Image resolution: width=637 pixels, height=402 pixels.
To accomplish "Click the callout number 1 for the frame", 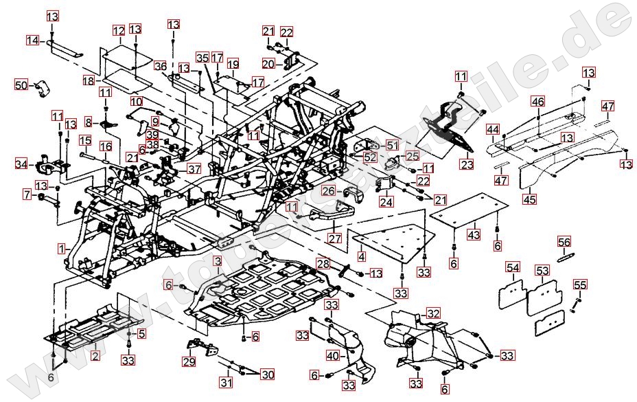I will (62, 247).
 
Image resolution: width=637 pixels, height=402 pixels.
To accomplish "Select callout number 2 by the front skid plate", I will (95, 355).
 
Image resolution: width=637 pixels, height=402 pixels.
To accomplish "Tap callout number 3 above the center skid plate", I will (217, 261).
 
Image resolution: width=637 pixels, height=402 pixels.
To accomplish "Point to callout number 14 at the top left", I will (33, 41).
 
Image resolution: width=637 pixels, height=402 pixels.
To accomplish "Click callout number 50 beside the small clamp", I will (21, 85).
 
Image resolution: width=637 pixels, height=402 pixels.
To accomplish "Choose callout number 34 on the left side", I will (22, 164).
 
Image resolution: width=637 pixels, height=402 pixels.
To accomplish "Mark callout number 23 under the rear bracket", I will (467, 165).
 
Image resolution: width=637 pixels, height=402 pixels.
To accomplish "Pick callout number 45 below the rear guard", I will (529, 199).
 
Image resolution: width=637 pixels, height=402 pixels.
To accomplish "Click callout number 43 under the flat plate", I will (474, 234).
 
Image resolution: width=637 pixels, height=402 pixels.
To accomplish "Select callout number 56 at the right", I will (564, 242).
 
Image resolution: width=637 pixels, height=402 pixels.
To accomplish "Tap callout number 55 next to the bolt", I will (580, 284).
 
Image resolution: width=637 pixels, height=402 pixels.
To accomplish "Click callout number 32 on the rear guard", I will (433, 313).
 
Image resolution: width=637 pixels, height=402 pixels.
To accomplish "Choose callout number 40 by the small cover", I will (333, 356).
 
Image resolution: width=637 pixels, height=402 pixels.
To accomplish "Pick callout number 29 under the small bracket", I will (189, 361).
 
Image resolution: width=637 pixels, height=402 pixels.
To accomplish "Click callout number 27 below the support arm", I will (334, 238).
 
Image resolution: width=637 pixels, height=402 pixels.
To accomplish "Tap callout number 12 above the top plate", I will (119, 30).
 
